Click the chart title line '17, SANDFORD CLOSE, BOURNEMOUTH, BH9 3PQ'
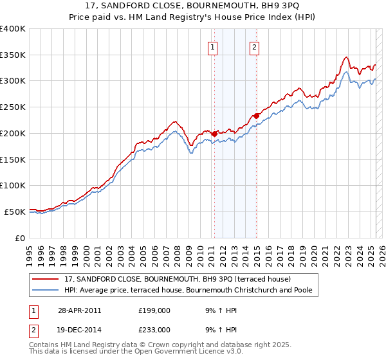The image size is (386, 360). coord(192,7)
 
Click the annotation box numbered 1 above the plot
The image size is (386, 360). coord(212,46)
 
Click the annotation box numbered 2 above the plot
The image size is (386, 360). coord(255,46)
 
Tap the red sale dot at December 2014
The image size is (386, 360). coord(257,116)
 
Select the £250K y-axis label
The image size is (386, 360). coord(13,107)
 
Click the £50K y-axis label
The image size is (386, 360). coord(15,212)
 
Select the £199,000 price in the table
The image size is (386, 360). coord(155,310)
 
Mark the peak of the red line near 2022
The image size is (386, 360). coord(346,57)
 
